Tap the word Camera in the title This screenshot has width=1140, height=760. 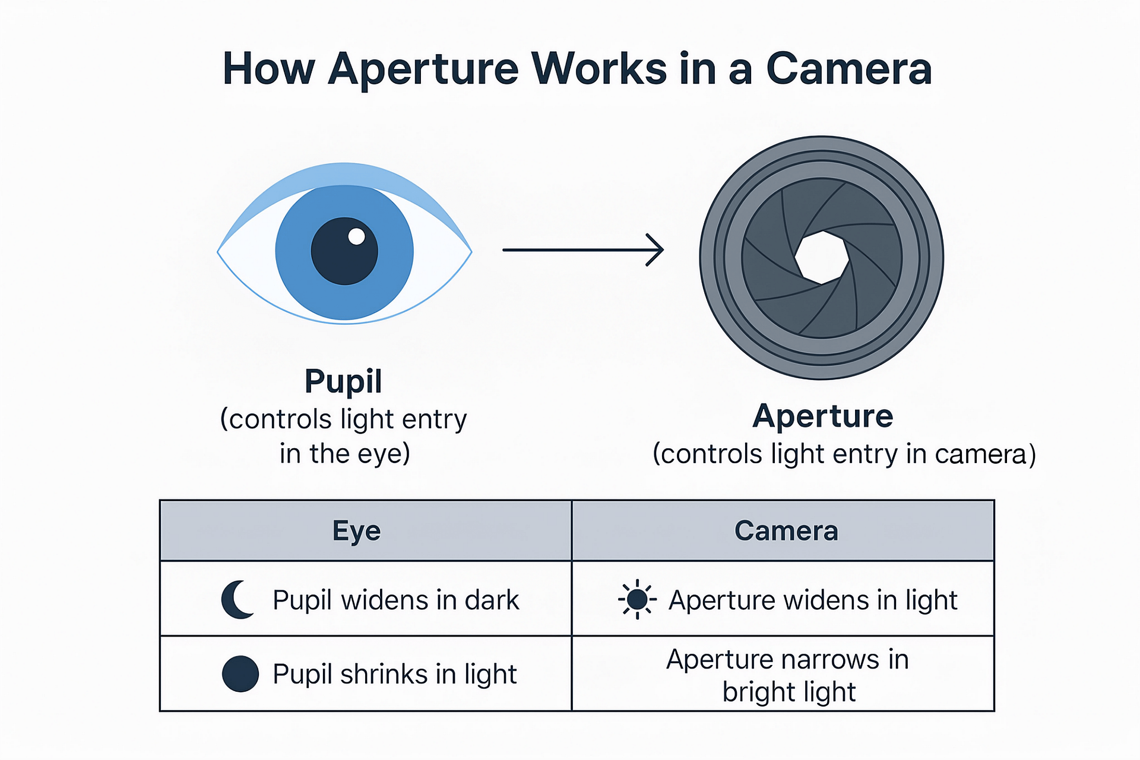click(x=849, y=69)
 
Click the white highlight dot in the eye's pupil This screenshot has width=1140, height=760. click(x=356, y=236)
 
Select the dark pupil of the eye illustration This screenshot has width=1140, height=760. click(x=344, y=251)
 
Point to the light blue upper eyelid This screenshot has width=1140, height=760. click(x=344, y=176)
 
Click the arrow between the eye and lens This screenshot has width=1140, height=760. click(x=583, y=250)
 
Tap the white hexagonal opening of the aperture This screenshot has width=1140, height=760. click(x=822, y=258)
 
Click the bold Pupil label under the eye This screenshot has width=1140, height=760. click(x=343, y=382)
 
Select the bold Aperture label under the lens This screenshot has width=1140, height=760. click(x=823, y=416)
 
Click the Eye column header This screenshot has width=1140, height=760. click(x=356, y=531)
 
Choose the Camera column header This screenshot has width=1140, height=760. click(x=786, y=531)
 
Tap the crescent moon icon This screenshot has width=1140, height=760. click(x=238, y=600)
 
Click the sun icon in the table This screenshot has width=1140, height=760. click(x=637, y=600)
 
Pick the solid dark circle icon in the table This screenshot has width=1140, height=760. click(x=240, y=674)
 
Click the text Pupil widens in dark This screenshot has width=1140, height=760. click(x=396, y=600)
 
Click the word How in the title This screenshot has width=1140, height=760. click(x=268, y=69)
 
